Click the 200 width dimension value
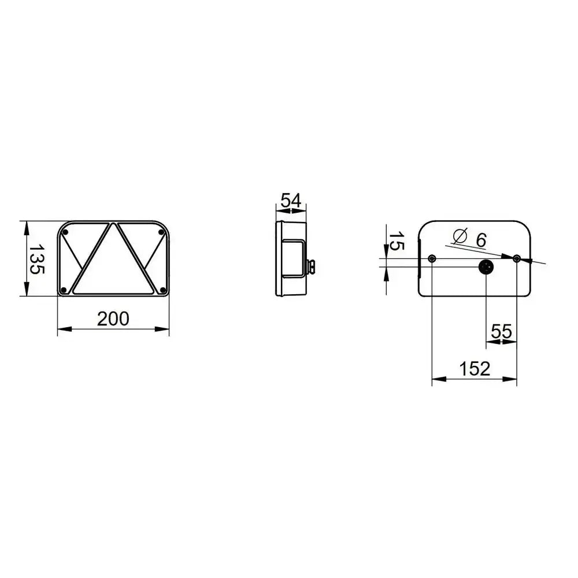(113, 319)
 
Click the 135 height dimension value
(37, 259)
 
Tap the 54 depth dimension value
(291, 201)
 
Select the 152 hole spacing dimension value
(475, 369)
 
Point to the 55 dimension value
(502, 331)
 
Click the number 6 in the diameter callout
(481, 240)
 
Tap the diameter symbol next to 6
(461, 236)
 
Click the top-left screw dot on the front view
(66, 232)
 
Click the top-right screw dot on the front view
(161, 232)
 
